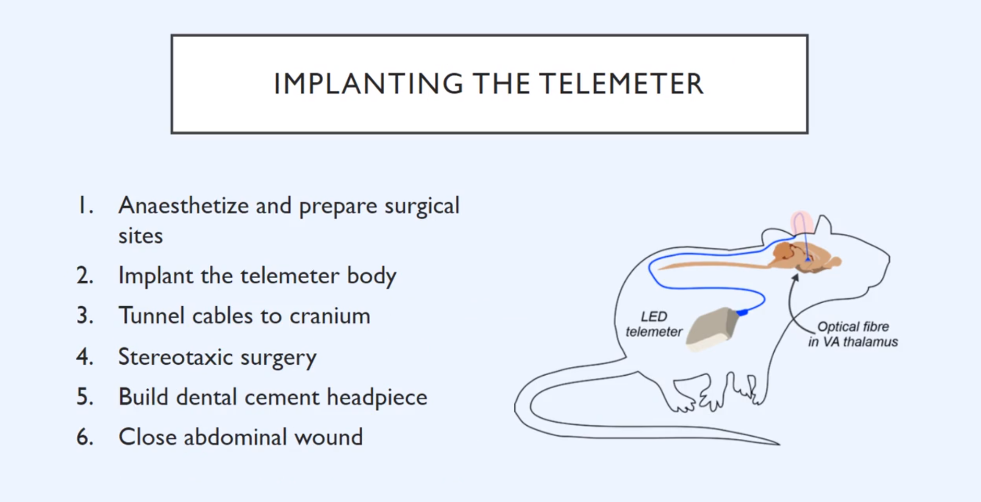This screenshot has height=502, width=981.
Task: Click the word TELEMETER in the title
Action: tap(621, 84)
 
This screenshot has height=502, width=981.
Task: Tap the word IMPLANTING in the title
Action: tap(369, 84)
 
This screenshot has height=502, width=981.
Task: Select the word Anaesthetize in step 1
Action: tap(183, 205)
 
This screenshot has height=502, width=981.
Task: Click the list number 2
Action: tap(85, 276)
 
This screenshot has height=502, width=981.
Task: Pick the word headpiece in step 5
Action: tap(377, 398)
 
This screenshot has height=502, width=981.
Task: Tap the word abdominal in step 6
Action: tap(235, 437)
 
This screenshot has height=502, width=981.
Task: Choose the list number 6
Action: tap(85, 437)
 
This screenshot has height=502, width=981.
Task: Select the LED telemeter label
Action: tap(654, 324)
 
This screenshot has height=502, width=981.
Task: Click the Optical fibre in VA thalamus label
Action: tap(853, 334)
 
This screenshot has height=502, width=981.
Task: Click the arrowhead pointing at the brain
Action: tap(795, 278)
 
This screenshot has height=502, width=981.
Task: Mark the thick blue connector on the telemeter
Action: tap(742, 312)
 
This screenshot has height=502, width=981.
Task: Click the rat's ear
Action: tap(824, 224)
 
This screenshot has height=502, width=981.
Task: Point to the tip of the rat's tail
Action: tap(779, 444)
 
